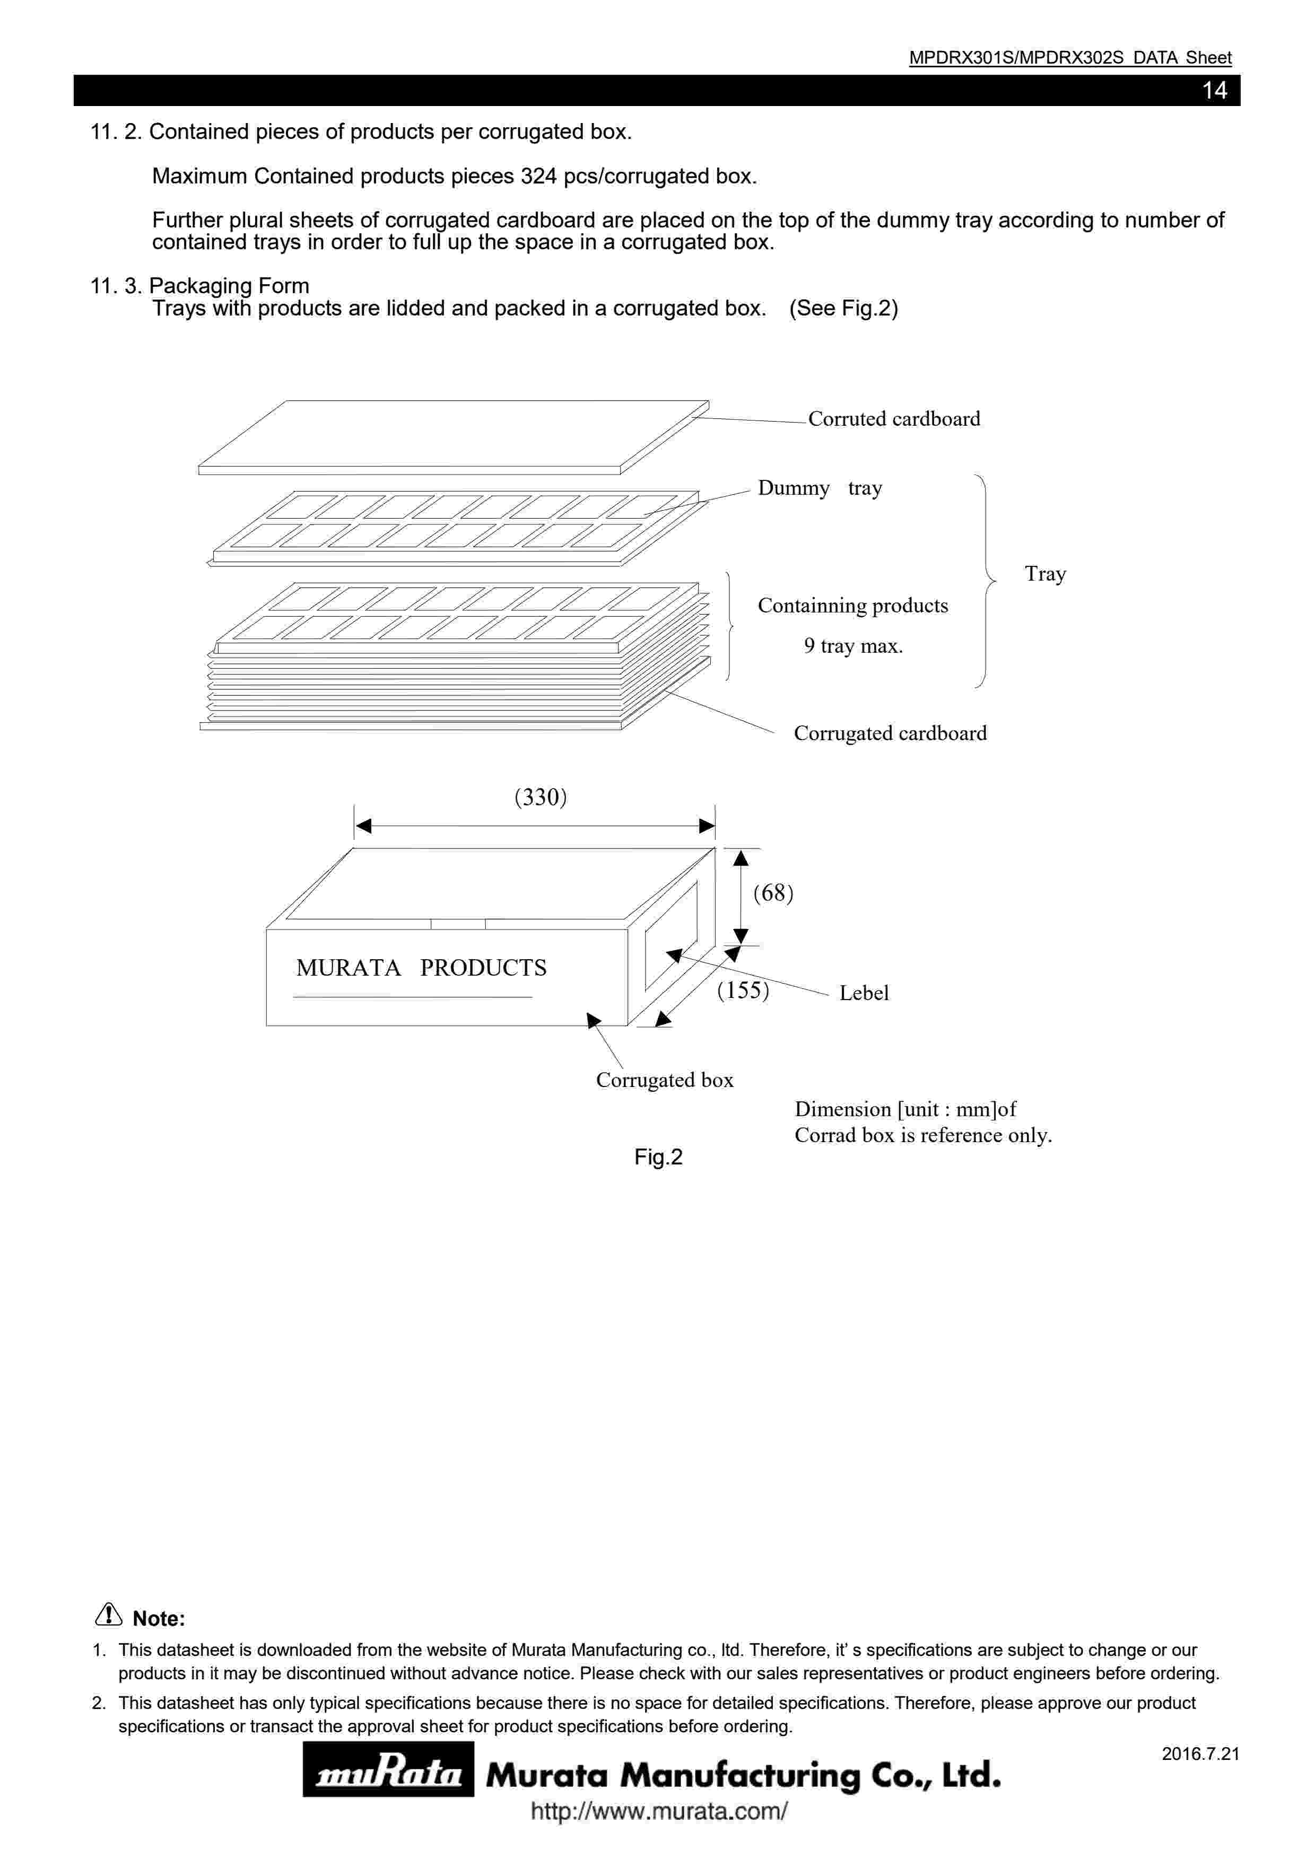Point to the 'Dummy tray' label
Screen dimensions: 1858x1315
820,488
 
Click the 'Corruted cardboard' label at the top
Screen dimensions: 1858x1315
893,418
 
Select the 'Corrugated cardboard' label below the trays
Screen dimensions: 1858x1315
890,733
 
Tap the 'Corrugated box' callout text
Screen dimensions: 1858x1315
664,1080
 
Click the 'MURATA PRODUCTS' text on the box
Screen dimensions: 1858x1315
421,968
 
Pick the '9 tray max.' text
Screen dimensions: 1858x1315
852,646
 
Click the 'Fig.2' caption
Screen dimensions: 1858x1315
658,1157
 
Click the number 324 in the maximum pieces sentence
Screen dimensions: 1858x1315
538,177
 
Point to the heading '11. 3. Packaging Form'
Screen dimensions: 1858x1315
200,286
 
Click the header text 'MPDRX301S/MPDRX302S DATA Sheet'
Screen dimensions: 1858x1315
1069,57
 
